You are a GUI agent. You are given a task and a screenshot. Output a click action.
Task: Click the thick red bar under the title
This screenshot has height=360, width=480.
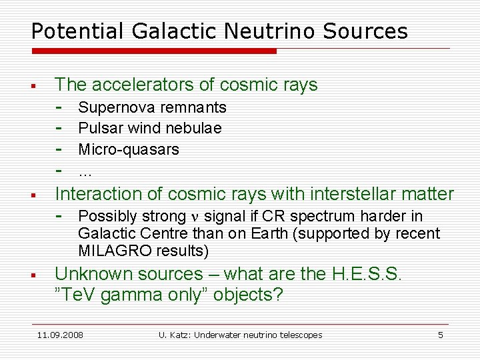point(153,51)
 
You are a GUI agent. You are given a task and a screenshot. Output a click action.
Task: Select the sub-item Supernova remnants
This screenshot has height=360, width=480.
point(152,107)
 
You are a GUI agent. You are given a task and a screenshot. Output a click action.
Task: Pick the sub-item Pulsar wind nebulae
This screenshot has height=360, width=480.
point(150,128)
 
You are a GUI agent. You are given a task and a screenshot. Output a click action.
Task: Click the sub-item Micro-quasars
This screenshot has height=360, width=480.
point(129,149)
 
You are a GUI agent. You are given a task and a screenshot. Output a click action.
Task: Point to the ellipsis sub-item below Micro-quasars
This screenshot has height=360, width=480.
point(85,171)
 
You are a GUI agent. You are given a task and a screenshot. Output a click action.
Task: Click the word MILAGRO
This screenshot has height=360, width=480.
point(109,251)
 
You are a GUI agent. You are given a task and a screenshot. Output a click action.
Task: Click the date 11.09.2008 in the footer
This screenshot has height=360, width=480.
point(61,335)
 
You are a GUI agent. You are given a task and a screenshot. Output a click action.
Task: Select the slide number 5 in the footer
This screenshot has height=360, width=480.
point(440,335)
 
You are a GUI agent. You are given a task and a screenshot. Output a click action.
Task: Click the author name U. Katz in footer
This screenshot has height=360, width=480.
point(175,335)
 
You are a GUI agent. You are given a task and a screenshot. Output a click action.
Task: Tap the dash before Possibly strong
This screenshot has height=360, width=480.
point(60,216)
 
